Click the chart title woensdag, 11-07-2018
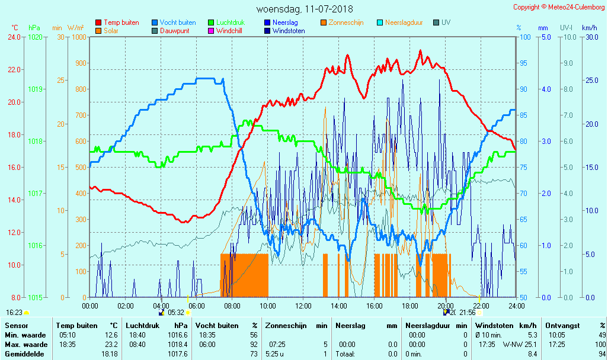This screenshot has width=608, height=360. pos(304,9)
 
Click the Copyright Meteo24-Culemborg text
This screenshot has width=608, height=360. pos(559,7)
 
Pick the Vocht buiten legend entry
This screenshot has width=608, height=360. pos(177,22)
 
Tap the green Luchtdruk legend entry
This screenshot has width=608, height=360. pos(231,22)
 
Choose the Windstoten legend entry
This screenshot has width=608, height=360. pos(289,31)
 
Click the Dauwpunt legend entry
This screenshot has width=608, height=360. pos(174,31)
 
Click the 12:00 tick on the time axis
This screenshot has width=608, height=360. pos(303,306)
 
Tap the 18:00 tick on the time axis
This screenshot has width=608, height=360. pos(410,306)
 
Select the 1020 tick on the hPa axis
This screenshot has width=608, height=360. pos(35,37)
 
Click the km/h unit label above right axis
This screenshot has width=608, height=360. pos(589,28)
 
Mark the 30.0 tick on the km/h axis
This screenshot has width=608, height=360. pos(590,37)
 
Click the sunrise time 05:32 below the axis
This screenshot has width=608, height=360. pos(177,313)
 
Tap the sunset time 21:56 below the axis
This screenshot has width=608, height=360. pos(467,313)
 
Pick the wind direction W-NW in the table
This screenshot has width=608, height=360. pos(512,345)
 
